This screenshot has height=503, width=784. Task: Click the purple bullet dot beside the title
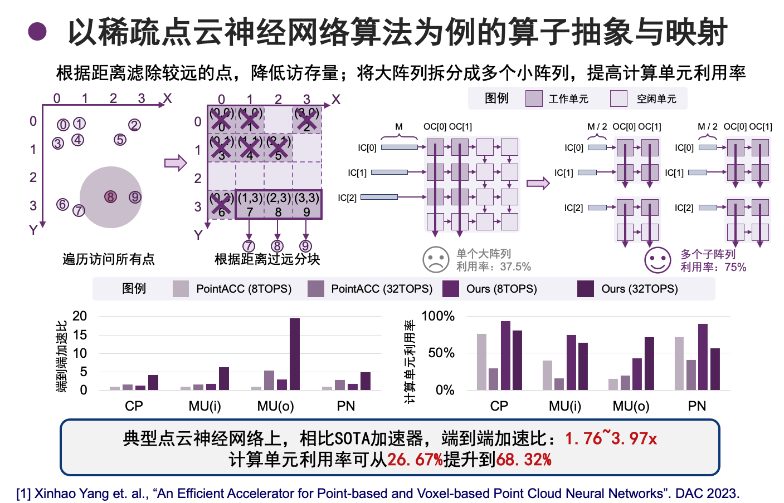37,31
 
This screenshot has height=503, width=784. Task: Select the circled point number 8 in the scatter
111,197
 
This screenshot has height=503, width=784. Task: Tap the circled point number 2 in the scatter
134,125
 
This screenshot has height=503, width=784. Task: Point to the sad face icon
436,260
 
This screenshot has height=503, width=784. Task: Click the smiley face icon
658,260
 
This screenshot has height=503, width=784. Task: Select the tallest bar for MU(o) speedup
295,354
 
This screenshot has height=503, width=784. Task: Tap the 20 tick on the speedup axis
80,316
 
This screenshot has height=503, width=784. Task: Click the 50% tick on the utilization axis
441,353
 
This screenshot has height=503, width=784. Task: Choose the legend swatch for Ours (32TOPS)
586,289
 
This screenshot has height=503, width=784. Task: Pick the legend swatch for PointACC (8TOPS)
181,289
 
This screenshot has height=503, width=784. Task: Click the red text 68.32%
524,460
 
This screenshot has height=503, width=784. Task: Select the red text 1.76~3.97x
611,438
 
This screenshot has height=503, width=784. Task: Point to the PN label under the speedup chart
346,406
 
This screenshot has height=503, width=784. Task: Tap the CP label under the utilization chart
499,406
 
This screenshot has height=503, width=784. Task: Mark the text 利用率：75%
713,267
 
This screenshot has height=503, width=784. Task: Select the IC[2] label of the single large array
347,198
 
